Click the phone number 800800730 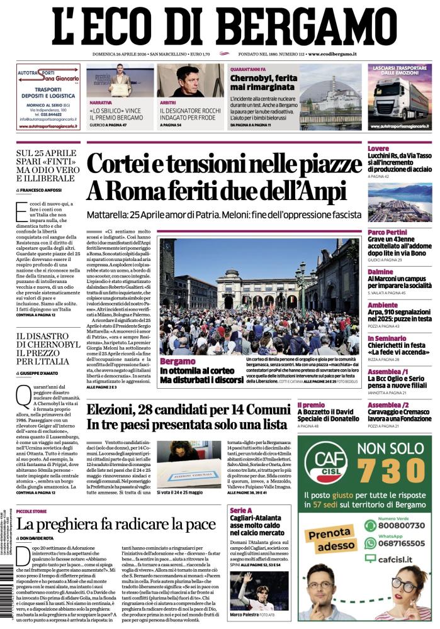tap(403, 525)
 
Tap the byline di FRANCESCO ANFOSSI tap(44, 189)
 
